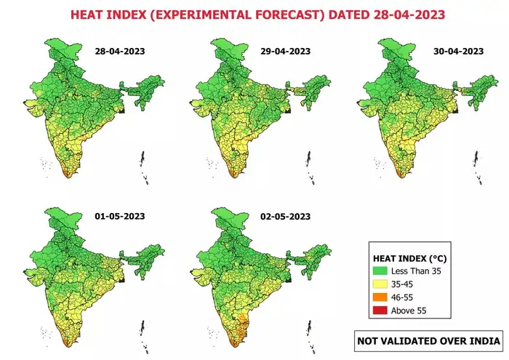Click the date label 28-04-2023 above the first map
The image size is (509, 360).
(120, 52)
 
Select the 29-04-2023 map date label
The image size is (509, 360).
(285, 52)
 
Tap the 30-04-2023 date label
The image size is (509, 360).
(458, 52)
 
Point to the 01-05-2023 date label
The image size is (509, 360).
(120, 217)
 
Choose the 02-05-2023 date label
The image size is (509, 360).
(285, 217)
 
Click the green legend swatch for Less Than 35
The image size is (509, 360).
(380, 271)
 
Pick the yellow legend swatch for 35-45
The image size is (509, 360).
(380, 284)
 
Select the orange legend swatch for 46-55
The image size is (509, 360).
(380, 297)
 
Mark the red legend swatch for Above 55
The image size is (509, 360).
(380, 311)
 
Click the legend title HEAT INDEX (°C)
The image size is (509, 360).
(409, 258)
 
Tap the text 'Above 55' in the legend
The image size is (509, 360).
(409, 311)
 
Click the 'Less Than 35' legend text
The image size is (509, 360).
(416, 271)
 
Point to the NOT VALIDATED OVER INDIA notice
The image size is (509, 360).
(428, 341)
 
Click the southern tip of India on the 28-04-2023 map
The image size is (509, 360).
(68, 177)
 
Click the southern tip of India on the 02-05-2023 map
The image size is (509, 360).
(233, 346)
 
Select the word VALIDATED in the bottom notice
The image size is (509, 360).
(407, 341)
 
